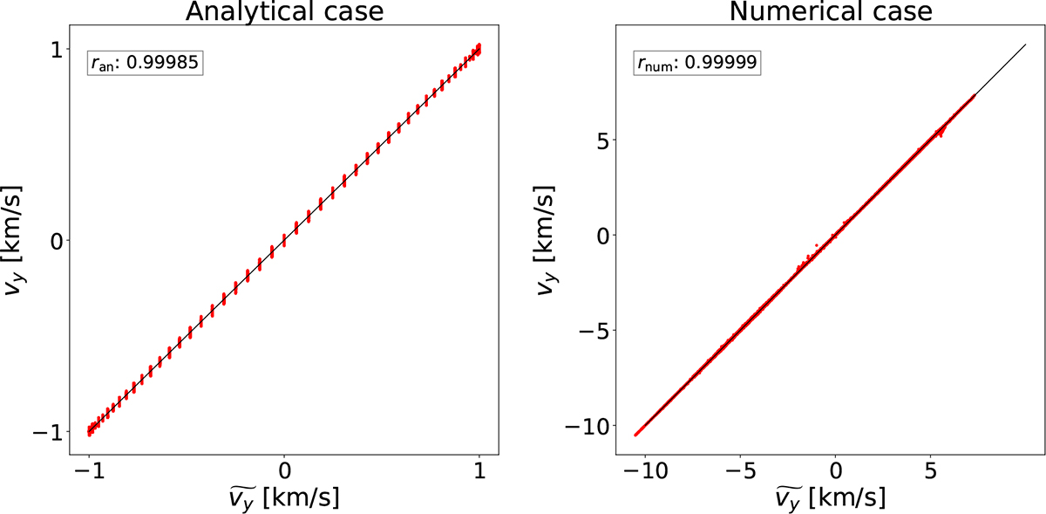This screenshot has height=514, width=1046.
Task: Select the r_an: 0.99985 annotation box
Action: [145, 63]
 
